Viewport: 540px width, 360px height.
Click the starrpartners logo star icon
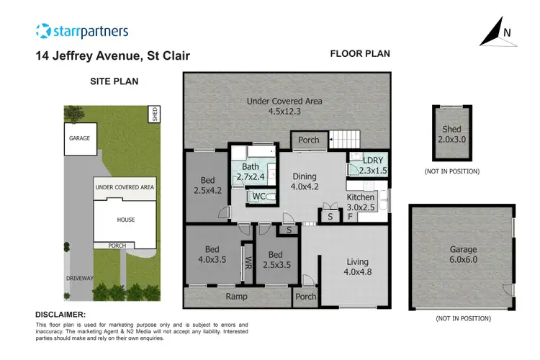pos(44,31)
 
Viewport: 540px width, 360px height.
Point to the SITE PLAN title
pos(114,81)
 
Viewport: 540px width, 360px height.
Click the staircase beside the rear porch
pos(342,140)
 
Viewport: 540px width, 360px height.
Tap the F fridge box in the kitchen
pos(349,215)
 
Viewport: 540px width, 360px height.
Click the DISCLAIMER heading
pos(60,315)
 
